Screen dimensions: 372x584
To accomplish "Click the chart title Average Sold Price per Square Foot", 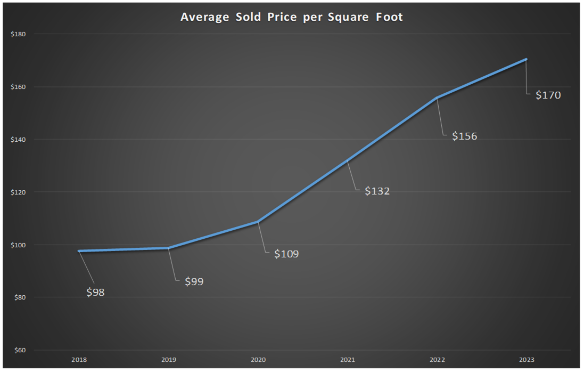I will [291, 17].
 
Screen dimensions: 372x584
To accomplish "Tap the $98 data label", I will [96, 292].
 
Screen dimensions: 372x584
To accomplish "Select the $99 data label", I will [194, 281].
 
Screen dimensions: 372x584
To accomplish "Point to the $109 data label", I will [286, 254].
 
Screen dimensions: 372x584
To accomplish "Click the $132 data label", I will [377, 191].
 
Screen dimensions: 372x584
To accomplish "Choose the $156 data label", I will [464, 136].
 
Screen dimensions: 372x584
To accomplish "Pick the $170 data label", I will [548, 95].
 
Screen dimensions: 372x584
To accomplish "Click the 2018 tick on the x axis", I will [79, 360].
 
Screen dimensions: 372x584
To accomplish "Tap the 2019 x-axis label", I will [168, 360].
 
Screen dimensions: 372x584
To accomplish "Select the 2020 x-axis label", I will [258, 360].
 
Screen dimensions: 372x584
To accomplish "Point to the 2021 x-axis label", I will [347, 360].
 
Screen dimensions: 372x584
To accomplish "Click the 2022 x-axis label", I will [437, 360].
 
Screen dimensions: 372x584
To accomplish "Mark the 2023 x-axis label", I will [526, 360].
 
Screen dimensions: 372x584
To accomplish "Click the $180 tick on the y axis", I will [18, 34].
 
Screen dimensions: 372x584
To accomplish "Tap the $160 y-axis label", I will [18, 87].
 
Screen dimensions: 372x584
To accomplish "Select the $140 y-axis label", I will [18, 140].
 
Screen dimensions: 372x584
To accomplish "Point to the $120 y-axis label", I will [18, 192].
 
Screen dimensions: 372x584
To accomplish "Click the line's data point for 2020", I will [258, 222].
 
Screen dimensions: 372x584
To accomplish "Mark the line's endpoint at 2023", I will [526, 59].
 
